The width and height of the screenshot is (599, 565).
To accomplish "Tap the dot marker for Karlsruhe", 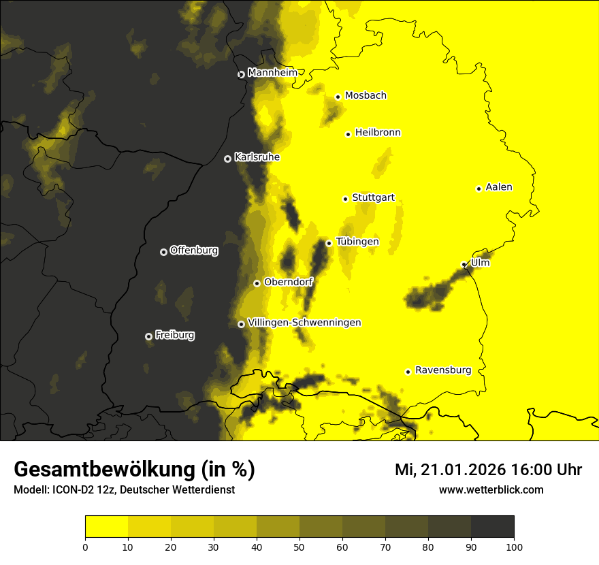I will coord(227,159).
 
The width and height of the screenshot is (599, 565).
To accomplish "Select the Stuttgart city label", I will coord(373,198).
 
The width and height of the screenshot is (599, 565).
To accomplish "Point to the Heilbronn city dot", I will coord(348,134).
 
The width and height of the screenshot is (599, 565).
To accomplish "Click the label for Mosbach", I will coord(366,96).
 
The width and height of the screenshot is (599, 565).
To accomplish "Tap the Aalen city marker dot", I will coord(479,189).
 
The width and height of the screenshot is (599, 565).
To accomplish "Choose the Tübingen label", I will coord(357,242).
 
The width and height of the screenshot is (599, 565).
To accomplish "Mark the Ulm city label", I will coord(480,263).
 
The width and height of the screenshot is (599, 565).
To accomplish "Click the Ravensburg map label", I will coord(443,370).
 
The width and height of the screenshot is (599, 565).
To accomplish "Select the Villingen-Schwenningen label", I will coord(304,323).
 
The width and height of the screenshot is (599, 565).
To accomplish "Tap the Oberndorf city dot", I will coord(257,283).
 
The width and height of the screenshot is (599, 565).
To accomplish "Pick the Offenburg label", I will coord(194,251).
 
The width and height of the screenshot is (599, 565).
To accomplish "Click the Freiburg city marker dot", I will coord(148,336).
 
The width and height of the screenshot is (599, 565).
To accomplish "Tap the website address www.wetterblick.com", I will coord(491,489).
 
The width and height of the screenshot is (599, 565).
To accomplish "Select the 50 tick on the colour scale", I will coord(299,547).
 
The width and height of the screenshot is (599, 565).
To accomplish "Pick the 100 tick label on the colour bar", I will coord(514,547).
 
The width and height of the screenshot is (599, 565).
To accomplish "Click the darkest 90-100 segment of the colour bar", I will coord(492,527).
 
